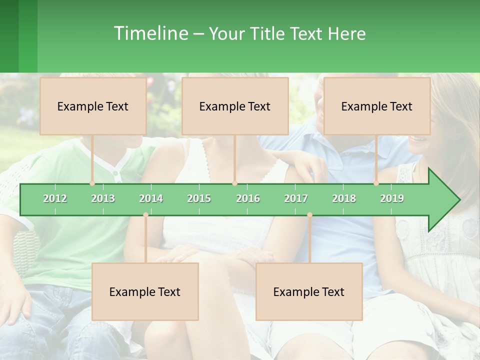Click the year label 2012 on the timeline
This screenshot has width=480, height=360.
click(x=55, y=198)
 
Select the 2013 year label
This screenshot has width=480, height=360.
click(x=103, y=198)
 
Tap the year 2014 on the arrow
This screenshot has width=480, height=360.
click(x=151, y=198)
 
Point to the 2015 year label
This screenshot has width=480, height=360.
click(x=199, y=198)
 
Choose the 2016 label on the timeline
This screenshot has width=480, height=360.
click(x=248, y=198)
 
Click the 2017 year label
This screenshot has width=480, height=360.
click(x=296, y=198)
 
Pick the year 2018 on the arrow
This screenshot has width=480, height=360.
click(x=344, y=198)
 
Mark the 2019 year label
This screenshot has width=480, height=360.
click(x=392, y=198)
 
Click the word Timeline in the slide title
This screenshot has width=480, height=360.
click(x=150, y=33)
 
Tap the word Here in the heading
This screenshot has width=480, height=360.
click(x=346, y=33)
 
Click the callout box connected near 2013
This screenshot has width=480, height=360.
click(x=93, y=106)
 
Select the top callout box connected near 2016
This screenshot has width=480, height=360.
click(x=235, y=106)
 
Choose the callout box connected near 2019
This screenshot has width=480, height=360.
click(x=377, y=106)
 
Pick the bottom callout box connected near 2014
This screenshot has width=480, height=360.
click(x=145, y=291)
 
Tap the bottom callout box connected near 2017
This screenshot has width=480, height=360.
click(x=309, y=291)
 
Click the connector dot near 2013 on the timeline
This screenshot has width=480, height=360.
click(x=92, y=183)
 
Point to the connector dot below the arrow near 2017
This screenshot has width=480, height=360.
click(x=309, y=215)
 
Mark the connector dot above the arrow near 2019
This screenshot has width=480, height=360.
click(x=376, y=183)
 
